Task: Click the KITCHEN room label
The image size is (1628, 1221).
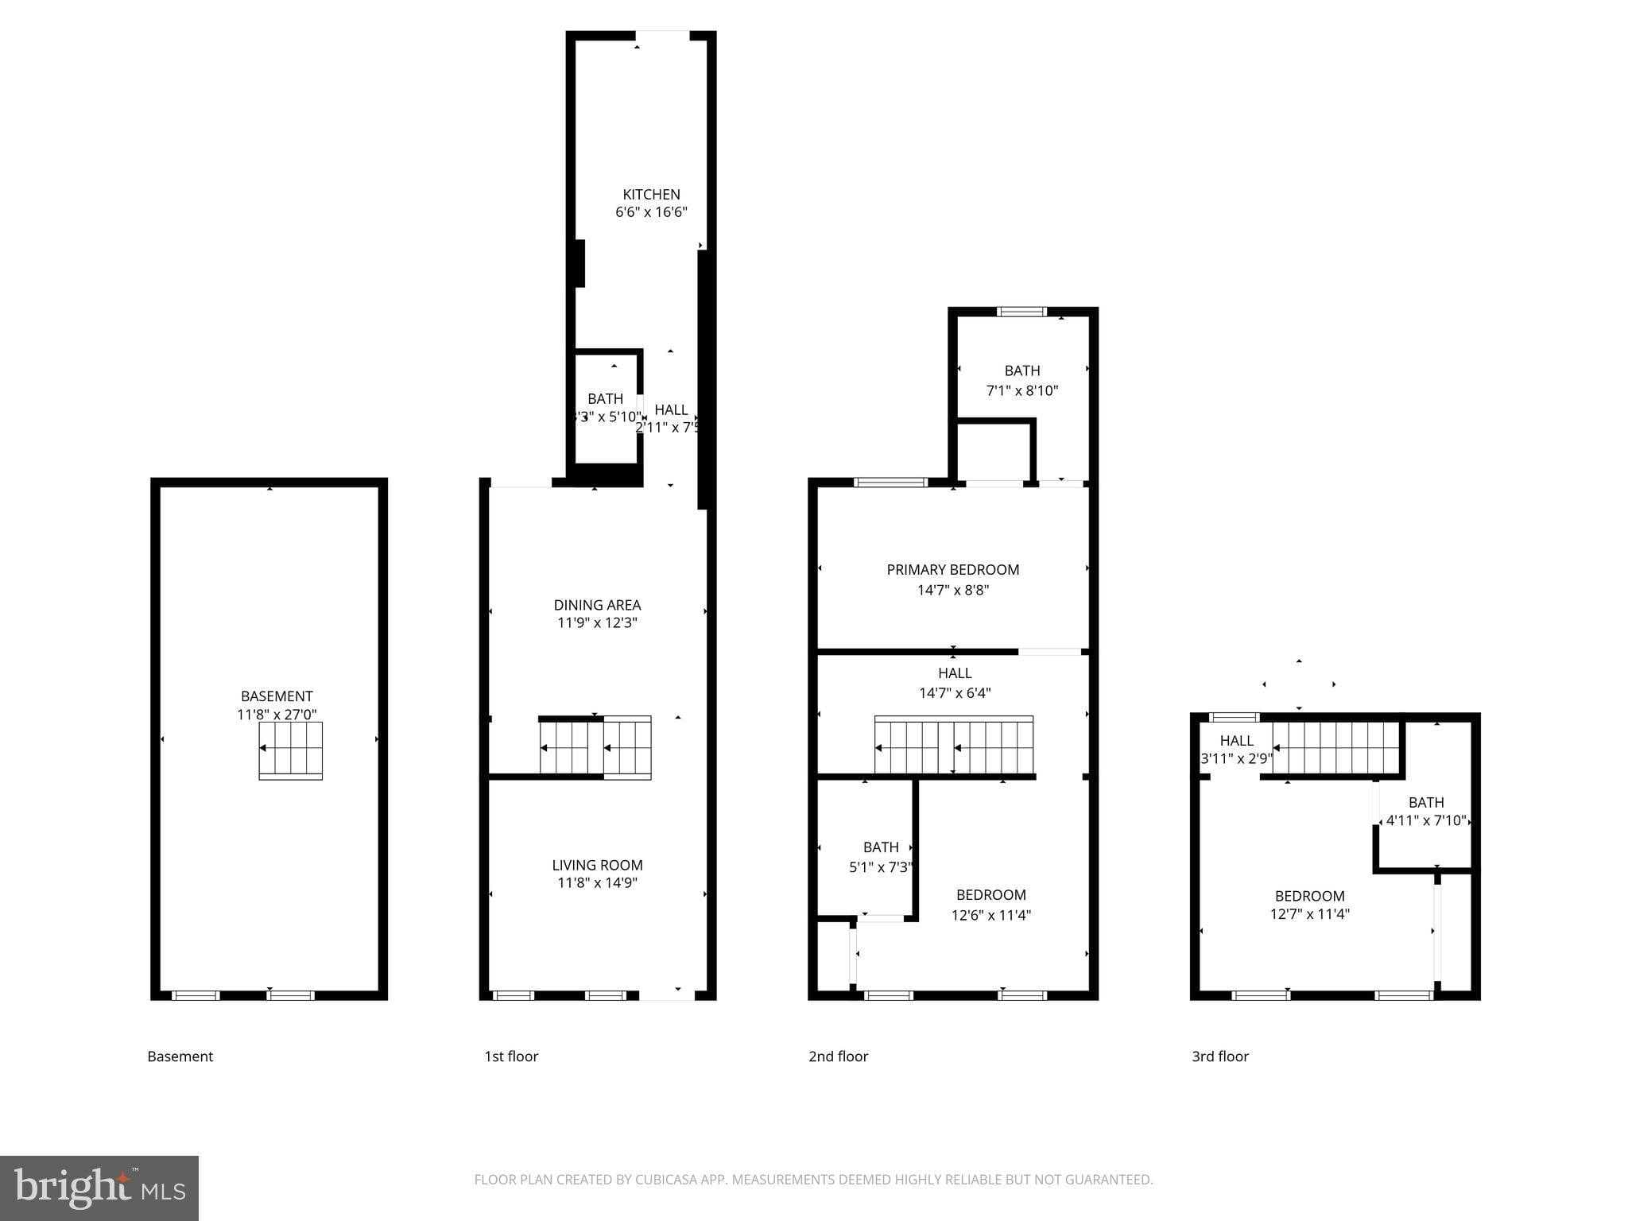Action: (651, 194)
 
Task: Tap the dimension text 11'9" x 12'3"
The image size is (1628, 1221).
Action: (597, 622)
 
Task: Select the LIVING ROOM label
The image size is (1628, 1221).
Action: (597, 865)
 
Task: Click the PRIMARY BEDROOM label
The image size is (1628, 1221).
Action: (952, 569)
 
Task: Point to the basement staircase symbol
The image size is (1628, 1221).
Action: (290, 750)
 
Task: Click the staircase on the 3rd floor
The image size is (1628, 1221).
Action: (1335, 747)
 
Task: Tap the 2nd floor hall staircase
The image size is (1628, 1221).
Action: (954, 746)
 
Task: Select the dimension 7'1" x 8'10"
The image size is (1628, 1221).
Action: (1021, 390)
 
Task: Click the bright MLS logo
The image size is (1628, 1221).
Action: (99, 1188)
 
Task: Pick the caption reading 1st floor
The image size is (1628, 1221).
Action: (511, 1056)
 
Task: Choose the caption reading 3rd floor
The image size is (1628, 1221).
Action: (1219, 1056)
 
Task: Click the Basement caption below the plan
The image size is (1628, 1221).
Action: (180, 1056)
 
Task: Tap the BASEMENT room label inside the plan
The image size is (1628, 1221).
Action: (277, 696)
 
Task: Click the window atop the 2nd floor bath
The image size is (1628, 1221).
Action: (1021, 312)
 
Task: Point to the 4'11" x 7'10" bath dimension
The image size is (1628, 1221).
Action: (1425, 820)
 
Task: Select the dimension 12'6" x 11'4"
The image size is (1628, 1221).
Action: (990, 915)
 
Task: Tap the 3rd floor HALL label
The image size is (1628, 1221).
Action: (1236, 740)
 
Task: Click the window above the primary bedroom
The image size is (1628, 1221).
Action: (890, 482)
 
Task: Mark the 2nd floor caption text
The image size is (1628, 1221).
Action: (838, 1056)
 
